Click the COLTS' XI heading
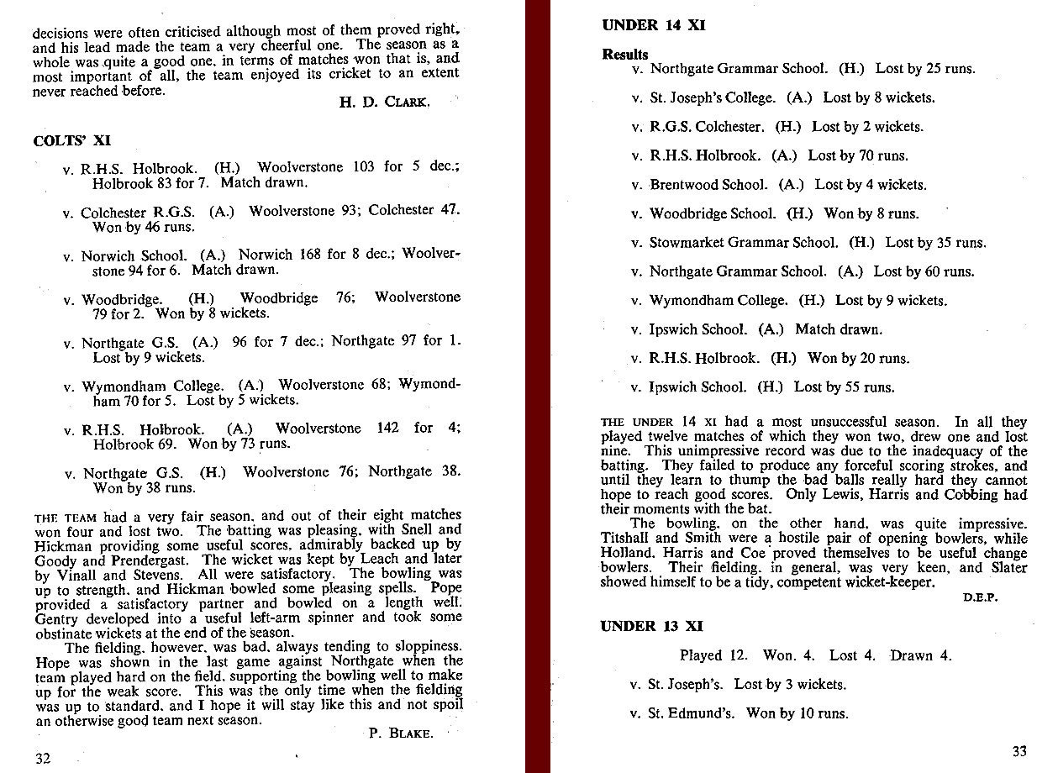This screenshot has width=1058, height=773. (x=71, y=140)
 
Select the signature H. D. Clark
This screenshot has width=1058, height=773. (x=386, y=103)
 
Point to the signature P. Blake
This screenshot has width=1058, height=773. (x=401, y=733)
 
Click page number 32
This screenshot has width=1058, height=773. (x=43, y=758)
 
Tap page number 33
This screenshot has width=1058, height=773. (x=1019, y=751)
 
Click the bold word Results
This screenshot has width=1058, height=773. (x=625, y=54)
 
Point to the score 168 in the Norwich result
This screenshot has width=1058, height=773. (x=311, y=254)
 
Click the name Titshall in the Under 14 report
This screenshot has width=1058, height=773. (x=626, y=539)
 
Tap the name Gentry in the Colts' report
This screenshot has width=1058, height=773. (x=56, y=618)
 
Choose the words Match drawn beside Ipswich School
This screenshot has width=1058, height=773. (x=839, y=329)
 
